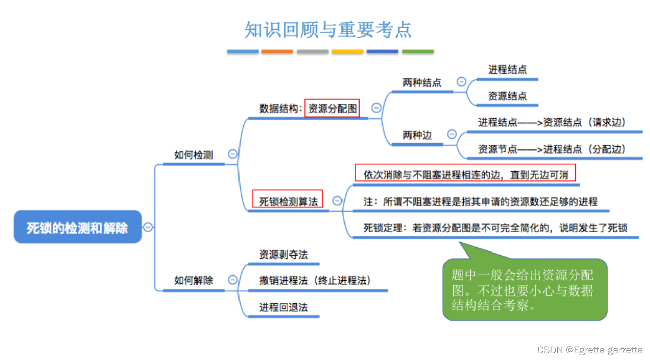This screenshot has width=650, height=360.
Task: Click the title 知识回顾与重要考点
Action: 328,29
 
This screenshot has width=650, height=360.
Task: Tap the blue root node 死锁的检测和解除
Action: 78,228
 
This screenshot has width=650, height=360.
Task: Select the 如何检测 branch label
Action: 193,155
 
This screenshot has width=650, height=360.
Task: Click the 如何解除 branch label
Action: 193,280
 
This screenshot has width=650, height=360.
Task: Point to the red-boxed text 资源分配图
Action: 332,108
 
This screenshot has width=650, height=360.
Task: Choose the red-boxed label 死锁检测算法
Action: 288,201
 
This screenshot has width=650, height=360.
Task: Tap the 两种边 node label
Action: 417,135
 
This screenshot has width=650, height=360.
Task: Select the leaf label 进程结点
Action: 507,69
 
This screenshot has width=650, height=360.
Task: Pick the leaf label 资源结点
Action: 507,96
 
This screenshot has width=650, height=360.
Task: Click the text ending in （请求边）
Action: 552,122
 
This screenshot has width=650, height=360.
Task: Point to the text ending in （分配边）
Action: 552,149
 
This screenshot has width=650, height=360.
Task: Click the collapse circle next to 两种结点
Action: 461,81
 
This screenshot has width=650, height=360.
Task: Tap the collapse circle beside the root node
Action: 148,227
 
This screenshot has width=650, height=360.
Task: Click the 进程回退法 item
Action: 284,307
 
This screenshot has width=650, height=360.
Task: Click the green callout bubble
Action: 524,290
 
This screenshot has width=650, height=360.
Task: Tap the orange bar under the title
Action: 277,51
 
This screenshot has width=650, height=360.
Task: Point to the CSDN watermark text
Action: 590,350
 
